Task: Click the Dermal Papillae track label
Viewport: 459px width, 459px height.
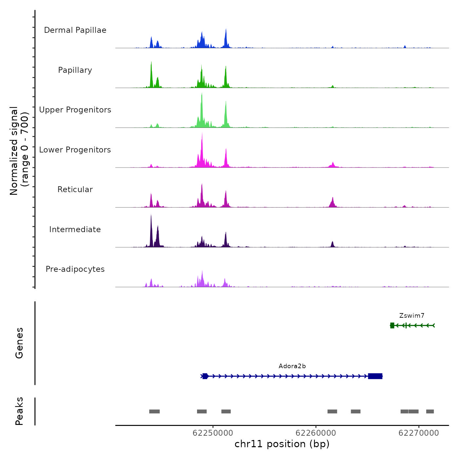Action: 75,30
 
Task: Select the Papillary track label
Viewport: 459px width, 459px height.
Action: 75,70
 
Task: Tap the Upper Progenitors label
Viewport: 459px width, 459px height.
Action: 75,110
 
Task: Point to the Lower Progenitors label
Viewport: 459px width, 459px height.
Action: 75,150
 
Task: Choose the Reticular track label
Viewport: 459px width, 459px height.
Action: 75,190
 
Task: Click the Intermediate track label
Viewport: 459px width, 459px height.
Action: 75,229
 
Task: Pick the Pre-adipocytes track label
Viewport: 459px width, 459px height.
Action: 75,269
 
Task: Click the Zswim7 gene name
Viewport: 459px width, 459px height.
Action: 412,316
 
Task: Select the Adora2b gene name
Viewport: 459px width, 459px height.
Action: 292,366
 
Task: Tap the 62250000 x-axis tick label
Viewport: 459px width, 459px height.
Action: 213,433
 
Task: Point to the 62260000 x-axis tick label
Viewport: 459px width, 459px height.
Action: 316,433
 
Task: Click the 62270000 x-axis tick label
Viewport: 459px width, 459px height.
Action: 419,433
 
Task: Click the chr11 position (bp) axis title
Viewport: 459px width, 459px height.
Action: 282,444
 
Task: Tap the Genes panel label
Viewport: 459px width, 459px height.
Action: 19,343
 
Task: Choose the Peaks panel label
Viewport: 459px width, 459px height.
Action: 19,411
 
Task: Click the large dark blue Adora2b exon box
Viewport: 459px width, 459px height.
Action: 375,376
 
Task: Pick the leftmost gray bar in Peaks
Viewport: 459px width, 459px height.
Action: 154,411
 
